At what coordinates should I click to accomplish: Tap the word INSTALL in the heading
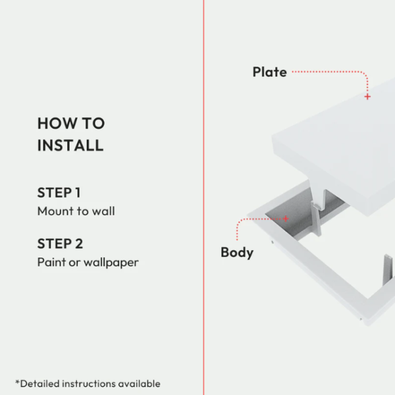tap(70, 145)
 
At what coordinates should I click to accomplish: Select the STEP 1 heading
tap(59, 193)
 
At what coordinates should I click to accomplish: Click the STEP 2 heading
tap(60, 244)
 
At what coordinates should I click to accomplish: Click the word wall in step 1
tap(103, 211)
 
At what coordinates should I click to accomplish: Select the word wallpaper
tap(111, 263)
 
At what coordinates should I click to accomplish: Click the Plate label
tap(270, 72)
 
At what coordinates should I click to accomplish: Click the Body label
tap(237, 253)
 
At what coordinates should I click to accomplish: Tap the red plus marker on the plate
tap(367, 97)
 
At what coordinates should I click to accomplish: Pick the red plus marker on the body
tap(286, 219)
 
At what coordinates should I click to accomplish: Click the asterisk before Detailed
tap(17, 382)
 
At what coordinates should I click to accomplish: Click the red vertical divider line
tap(203, 197)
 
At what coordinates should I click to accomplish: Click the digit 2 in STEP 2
tap(79, 244)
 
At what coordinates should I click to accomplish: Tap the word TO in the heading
tap(93, 124)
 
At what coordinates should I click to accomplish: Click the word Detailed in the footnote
tap(39, 384)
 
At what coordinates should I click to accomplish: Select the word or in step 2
tap(74, 263)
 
